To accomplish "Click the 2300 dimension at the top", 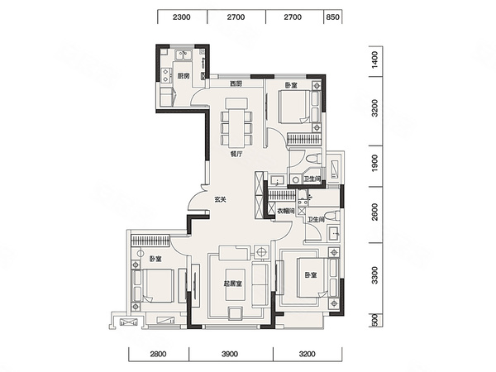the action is pyautogui.click(x=182, y=17).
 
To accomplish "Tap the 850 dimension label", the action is pyautogui.click(x=332, y=17).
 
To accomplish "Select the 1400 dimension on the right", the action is pyautogui.click(x=374, y=60).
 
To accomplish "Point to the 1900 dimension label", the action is pyautogui.click(x=374, y=163).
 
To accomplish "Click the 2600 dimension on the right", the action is pyautogui.click(x=374, y=212).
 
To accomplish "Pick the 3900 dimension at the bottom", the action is pyautogui.click(x=230, y=354).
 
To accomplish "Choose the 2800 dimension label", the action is pyautogui.click(x=158, y=354).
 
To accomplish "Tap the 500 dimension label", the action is pyautogui.click(x=374, y=320).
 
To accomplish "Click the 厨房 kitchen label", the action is pyautogui.click(x=184, y=76).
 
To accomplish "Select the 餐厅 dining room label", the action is pyautogui.click(x=236, y=155).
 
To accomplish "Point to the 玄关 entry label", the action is pyautogui.click(x=221, y=199).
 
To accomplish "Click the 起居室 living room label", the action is pyautogui.click(x=233, y=284).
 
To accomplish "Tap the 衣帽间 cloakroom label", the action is pyautogui.click(x=286, y=211).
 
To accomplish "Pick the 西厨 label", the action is pyautogui.click(x=236, y=83).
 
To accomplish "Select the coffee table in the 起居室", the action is pyautogui.click(x=235, y=285).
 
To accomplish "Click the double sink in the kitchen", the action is pyautogui.click(x=184, y=55).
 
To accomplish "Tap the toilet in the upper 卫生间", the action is pyautogui.click(x=313, y=158).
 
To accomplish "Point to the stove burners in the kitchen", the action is pyautogui.click(x=165, y=75).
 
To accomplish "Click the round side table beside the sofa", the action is pyautogui.click(x=261, y=252).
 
